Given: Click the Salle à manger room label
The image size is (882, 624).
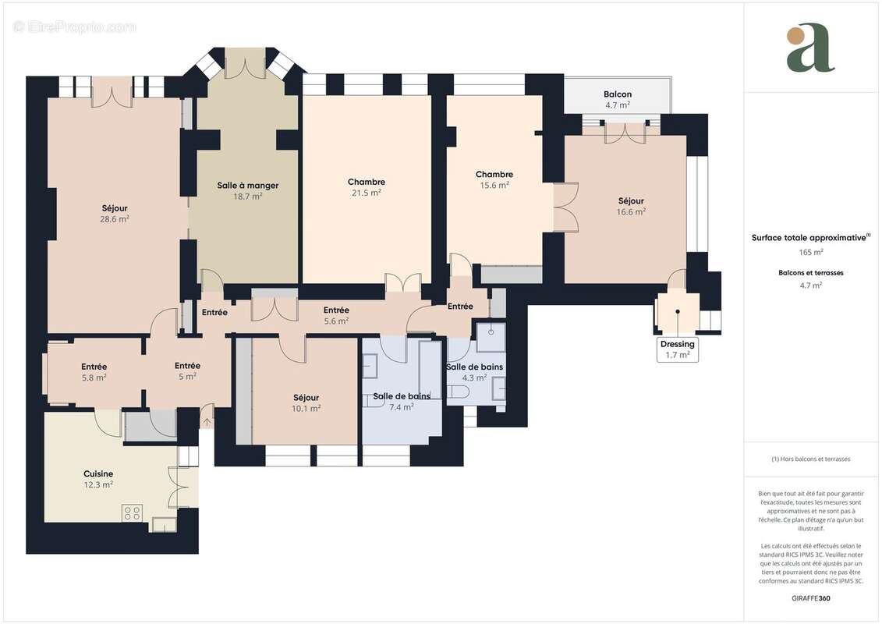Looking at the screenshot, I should [x=247, y=186].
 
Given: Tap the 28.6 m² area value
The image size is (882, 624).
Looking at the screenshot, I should [x=114, y=219].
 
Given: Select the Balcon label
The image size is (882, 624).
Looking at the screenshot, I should [x=617, y=94].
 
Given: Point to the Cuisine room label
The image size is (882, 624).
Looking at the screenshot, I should [x=98, y=473].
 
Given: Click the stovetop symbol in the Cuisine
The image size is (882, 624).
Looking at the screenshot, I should [x=132, y=512].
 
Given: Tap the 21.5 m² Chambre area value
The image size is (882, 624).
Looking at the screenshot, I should [x=366, y=193].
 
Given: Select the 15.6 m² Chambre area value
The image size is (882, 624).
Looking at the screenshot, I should [x=494, y=186].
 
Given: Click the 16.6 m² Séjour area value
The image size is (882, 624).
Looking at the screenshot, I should [x=631, y=211].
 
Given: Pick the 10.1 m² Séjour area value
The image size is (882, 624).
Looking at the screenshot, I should [x=306, y=408].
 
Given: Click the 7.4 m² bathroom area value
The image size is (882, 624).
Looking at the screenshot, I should [x=402, y=407].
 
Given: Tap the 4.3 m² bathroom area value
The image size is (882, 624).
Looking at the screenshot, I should [x=474, y=378].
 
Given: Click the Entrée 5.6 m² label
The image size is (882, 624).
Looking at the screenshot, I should [x=336, y=310].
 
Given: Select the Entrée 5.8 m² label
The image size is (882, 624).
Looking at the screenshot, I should [x=94, y=367].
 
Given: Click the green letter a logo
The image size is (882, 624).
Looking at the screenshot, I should [x=810, y=48].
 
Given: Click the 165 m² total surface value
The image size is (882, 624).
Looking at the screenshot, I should [x=811, y=252].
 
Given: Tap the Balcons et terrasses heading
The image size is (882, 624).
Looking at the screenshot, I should [x=811, y=273].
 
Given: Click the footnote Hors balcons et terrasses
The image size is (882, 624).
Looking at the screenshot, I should [x=811, y=459].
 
